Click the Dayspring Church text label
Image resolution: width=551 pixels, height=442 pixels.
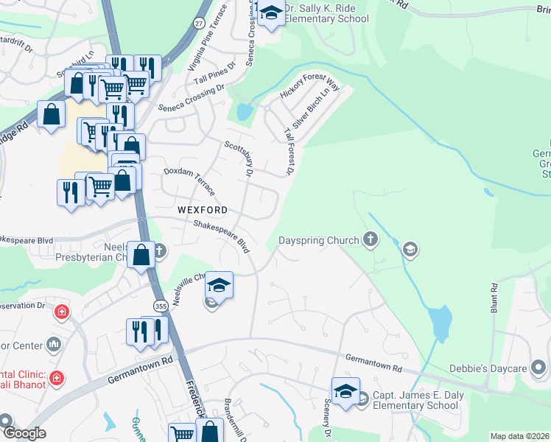click(x=318, y=241)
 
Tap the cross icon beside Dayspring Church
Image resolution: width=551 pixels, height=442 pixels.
click(x=371, y=239)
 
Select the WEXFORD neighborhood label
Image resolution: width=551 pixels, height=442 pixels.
click(x=197, y=210)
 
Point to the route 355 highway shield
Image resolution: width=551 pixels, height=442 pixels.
click(x=160, y=305)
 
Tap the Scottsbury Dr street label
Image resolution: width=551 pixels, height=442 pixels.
click(x=239, y=159)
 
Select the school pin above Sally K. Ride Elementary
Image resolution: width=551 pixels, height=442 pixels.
click(x=270, y=13)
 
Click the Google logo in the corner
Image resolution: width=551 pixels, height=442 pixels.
click(x=24, y=433)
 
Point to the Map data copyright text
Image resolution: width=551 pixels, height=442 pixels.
click(x=519, y=436)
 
